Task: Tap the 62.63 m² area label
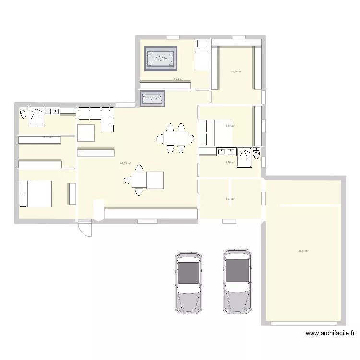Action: pos(125,163)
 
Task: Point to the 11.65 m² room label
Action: pos(236,72)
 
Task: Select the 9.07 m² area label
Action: pos(230,199)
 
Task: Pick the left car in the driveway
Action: pos(188,283)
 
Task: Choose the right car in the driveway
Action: pos(237,281)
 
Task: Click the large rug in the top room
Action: pos(161,59)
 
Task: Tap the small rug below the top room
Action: pos(153,99)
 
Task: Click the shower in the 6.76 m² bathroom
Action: pos(244,157)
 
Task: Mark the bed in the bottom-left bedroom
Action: pos(35,193)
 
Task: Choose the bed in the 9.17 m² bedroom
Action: pos(216,132)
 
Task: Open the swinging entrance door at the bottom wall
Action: pos(85,228)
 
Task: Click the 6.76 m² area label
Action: pos(230,163)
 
